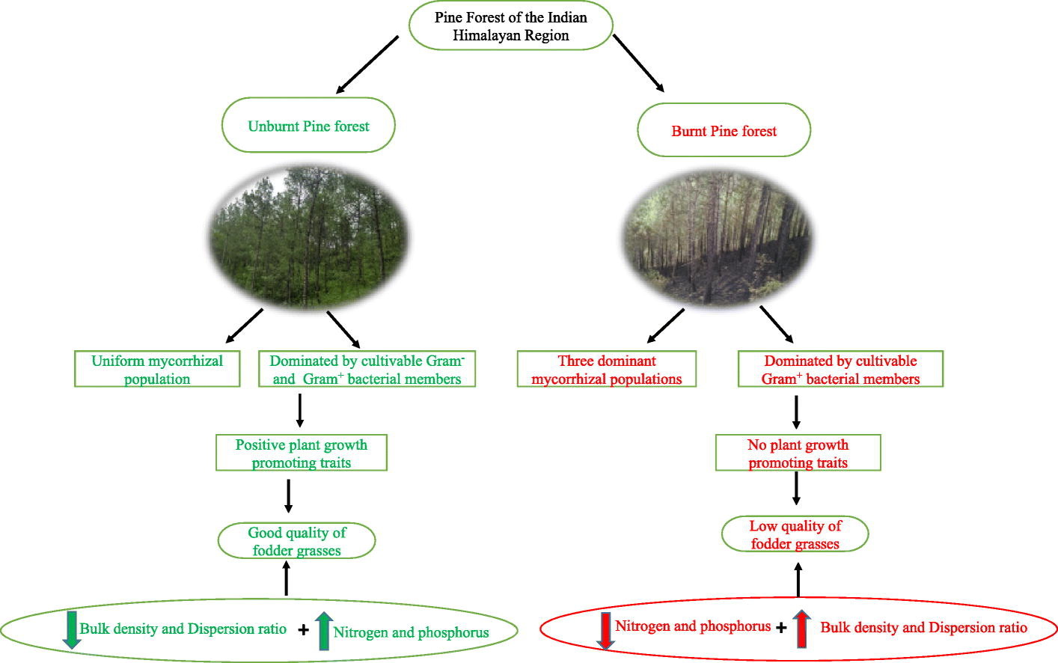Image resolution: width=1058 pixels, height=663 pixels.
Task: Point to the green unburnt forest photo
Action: pos(309,237)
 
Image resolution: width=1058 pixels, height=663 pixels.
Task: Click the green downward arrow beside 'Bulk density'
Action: pos(72,630)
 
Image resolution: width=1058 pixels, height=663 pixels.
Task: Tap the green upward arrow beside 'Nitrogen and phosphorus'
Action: pos(324,631)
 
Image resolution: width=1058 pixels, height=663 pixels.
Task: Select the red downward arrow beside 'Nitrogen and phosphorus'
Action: pos(605,631)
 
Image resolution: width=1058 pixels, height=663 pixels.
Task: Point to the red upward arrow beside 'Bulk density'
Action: pos(801,629)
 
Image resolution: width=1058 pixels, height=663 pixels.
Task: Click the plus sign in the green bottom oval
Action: pos(303,629)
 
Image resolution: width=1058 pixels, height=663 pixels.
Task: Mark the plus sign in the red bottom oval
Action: pos(781,628)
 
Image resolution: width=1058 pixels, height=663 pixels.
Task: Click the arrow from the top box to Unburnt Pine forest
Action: pos(367,64)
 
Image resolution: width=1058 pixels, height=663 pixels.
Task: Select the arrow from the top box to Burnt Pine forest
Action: pos(638,64)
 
